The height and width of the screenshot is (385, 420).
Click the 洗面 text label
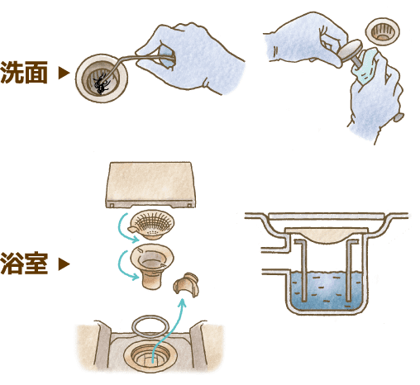pos(24,72)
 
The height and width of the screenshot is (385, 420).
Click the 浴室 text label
pos(24,265)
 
